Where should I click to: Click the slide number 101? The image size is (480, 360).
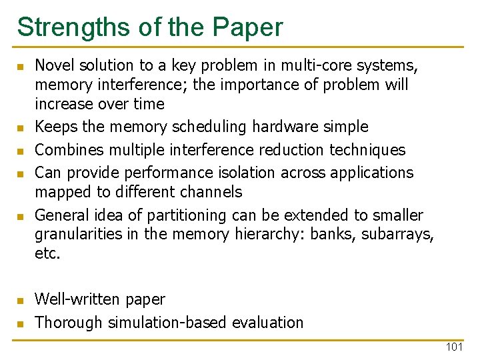pyautogui.click(x=454, y=347)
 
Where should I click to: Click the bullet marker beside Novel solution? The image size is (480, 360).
pyautogui.click(x=20, y=67)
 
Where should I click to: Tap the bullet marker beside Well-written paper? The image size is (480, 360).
pyautogui.click(x=20, y=301)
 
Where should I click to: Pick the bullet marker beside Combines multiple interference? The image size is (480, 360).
pyautogui.click(x=20, y=151)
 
